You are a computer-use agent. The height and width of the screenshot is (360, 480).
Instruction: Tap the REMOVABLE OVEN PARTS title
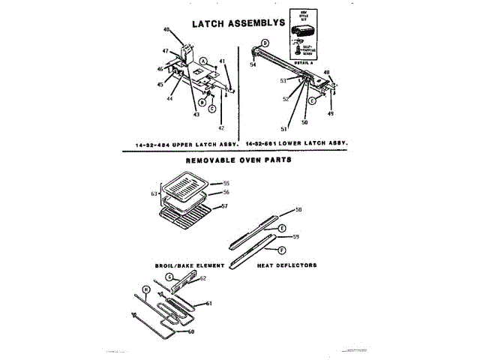(x=238, y=160)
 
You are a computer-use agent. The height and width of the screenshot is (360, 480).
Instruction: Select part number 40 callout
(x=166, y=30)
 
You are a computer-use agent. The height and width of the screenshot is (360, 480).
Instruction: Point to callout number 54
(x=253, y=65)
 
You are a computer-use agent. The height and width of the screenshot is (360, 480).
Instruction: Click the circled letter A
(x=202, y=60)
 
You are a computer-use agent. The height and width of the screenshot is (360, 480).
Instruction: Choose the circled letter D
(x=265, y=43)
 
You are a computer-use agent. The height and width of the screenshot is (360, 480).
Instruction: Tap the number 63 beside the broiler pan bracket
(x=153, y=194)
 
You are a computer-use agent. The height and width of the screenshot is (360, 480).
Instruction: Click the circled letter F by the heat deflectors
(x=281, y=250)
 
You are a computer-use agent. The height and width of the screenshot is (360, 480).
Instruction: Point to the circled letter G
(x=169, y=277)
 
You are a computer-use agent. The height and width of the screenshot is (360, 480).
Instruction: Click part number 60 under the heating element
(x=190, y=331)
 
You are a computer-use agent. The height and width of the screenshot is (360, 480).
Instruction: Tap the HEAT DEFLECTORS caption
(x=286, y=265)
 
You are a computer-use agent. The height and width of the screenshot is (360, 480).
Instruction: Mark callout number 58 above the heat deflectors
(x=298, y=209)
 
